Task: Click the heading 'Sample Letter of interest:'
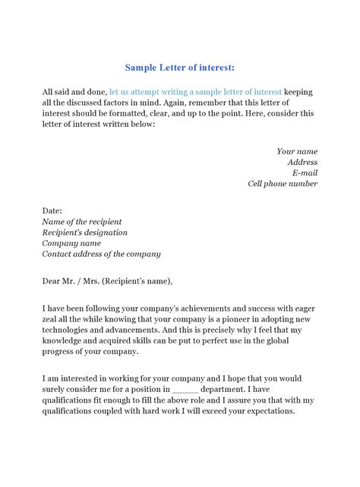pos(180,66)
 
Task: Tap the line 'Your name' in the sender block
pos(297,151)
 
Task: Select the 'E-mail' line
pos(305,172)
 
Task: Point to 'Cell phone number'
pos(283,183)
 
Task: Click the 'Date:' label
pos(52,210)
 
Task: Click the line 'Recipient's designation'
pos(85,232)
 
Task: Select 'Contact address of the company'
pos(101,254)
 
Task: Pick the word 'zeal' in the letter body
pos(53,320)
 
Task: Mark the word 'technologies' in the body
pos(68,330)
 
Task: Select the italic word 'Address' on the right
pos(302,162)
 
